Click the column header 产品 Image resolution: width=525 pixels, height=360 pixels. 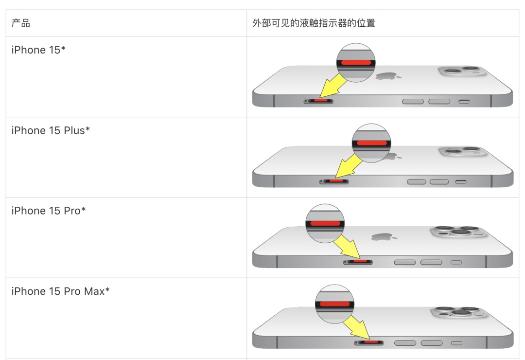[20, 23]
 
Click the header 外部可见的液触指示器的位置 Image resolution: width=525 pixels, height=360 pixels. [314, 23]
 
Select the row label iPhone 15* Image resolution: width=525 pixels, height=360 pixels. [38, 50]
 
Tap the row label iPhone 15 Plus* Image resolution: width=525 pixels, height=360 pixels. [51, 130]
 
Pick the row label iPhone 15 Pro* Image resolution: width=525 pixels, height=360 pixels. [49, 211]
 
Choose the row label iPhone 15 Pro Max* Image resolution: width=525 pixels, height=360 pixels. [60, 291]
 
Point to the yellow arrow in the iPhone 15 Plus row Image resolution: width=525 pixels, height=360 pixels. [349, 167]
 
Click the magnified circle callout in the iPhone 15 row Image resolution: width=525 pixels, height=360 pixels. [356, 62]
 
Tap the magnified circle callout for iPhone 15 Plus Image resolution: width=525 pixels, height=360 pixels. [371, 143]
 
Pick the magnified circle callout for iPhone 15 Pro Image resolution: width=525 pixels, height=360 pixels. [325, 223]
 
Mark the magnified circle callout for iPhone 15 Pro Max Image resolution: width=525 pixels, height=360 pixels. [334, 304]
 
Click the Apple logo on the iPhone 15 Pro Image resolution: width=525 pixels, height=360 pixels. [382, 237]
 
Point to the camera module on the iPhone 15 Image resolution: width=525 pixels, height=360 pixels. [463, 72]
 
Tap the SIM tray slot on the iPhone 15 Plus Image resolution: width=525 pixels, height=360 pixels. [333, 181]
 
